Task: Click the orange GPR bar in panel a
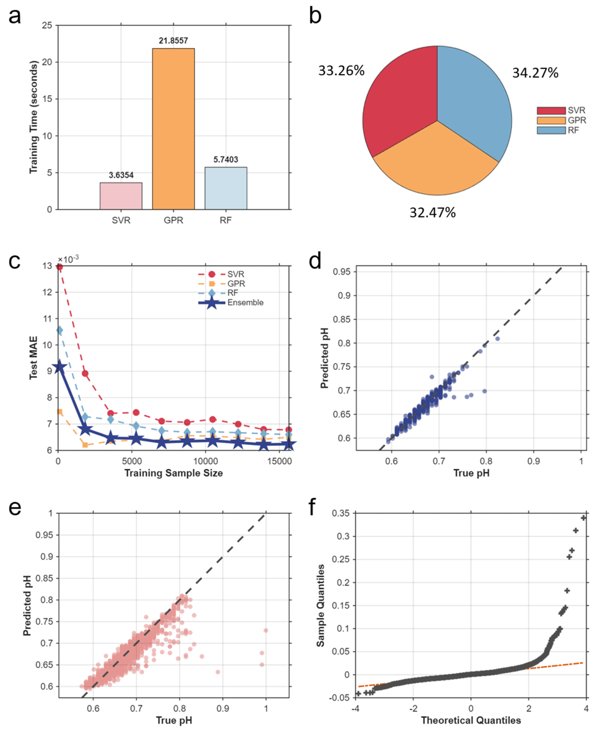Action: pos(173,129)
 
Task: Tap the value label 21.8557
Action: pos(173,41)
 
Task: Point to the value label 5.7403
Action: pos(226,159)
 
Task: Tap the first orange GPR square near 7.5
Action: pos(59,412)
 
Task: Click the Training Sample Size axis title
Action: pos(173,473)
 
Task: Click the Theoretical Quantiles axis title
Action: pos(471,720)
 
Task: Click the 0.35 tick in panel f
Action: pos(340,513)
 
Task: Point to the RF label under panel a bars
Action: pos(226,220)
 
